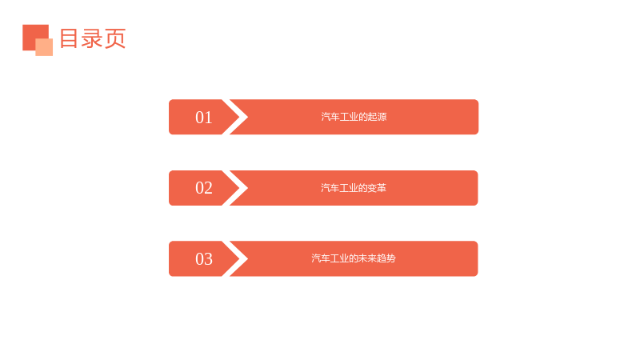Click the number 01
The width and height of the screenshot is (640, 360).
[204, 118]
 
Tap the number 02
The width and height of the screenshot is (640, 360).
[204, 188]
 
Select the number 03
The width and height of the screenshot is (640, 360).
[204, 258]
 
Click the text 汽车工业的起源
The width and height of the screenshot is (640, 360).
[354, 117]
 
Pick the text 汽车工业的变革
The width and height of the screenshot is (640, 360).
[354, 188]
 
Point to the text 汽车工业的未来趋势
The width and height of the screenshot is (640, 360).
[354, 258]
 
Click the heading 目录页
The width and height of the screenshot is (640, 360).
[93, 38]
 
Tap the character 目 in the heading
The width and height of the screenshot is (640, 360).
[69, 38]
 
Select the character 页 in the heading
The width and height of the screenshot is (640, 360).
[115, 38]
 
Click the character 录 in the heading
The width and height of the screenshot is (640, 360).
[92, 38]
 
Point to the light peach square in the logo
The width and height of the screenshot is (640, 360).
[44, 47]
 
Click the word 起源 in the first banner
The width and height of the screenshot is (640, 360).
[377, 117]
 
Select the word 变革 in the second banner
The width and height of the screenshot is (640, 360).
[377, 188]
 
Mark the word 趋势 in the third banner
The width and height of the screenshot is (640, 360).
[386, 258]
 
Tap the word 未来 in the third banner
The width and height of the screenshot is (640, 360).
[367, 258]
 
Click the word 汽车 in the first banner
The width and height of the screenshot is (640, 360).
[330, 117]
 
